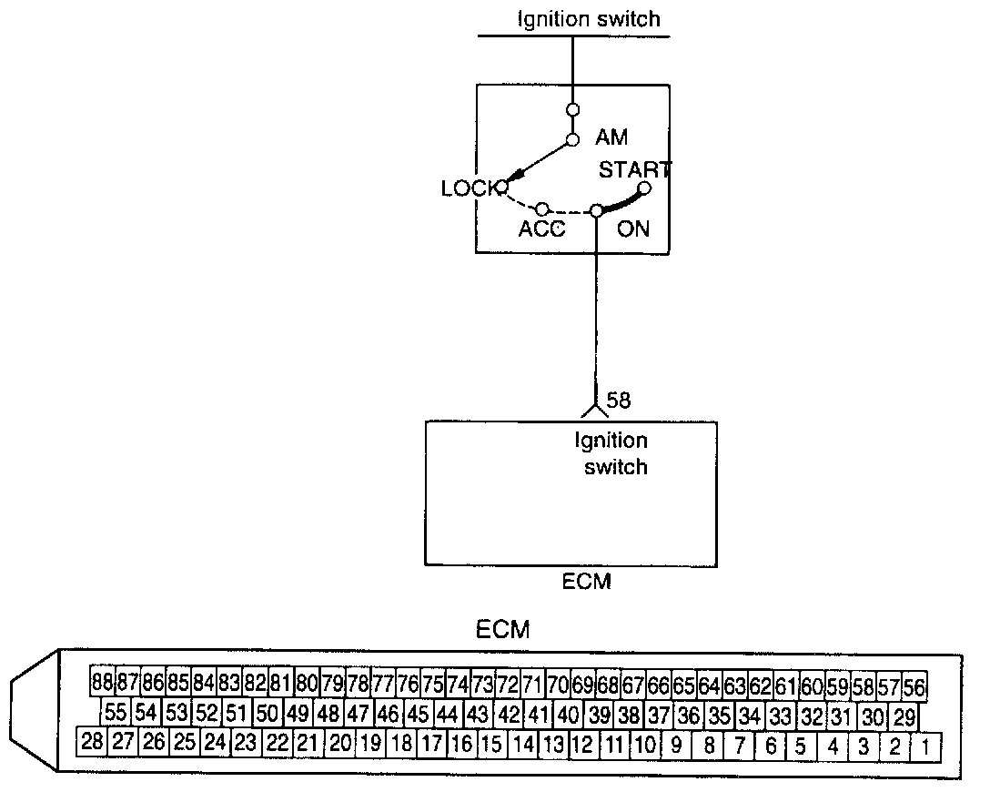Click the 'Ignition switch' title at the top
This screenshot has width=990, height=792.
(x=588, y=18)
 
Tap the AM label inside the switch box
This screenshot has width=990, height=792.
(x=611, y=138)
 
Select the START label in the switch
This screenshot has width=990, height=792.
(x=634, y=169)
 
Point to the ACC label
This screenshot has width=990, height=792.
(x=542, y=228)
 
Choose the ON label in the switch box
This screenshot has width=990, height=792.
(x=633, y=228)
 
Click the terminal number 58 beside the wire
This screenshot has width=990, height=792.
(x=618, y=400)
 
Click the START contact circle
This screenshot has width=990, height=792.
(x=644, y=188)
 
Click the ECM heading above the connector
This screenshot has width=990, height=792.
(x=502, y=630)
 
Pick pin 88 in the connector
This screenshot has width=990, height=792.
(x=103, y=681)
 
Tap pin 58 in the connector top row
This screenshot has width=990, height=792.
(x=864, y=684)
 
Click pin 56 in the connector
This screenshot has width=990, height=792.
(x=914, y=684)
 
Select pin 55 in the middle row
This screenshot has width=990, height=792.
(x=116, y=713)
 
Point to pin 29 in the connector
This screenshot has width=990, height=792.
(x=904, y=715)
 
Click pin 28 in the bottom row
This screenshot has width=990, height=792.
(x=92, y=742)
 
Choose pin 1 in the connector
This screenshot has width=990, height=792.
(x=925, y=747)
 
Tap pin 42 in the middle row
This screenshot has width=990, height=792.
(x=510, y=714)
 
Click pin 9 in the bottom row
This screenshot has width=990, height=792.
(x=676, y=746)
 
